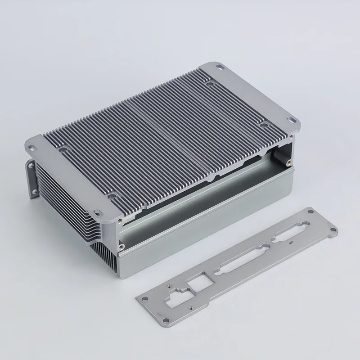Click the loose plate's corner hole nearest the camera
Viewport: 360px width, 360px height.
167,322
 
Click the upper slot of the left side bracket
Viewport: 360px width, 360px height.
31,165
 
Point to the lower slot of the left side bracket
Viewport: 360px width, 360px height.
34,193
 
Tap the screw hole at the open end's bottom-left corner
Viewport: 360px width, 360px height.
121,246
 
